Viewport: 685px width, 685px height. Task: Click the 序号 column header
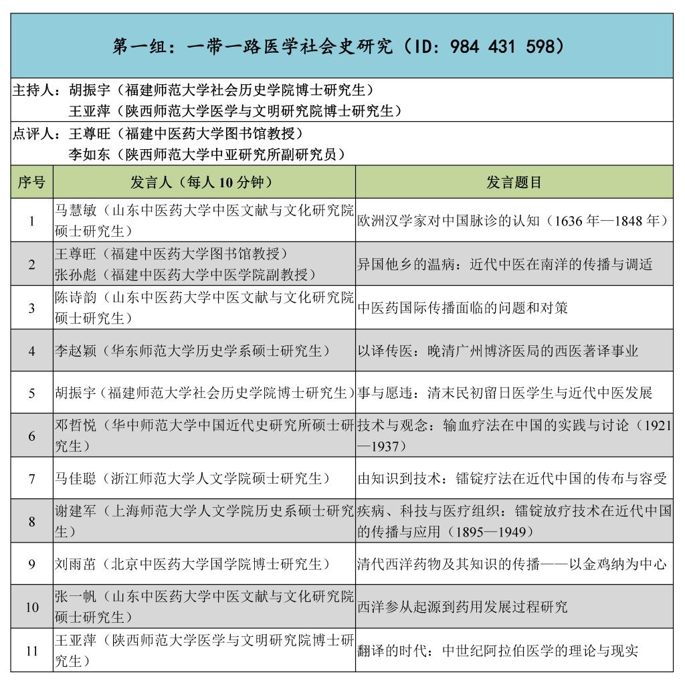(x=31, y=182)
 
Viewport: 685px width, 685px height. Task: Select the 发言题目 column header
(x=514, y=182)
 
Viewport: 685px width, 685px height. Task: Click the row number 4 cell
(x=31, y=351)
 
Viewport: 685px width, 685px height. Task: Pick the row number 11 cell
(x=31, y=650)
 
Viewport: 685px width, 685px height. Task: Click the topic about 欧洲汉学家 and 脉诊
(x=513, y=220)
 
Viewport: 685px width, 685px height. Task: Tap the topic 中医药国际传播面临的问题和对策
(x=462, y=308)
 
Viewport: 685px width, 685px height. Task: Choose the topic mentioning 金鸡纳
(x=512, y=564)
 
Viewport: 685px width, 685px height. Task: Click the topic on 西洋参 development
(x=462, y=607)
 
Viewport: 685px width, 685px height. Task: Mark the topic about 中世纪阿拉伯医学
(x=498, y=650)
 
